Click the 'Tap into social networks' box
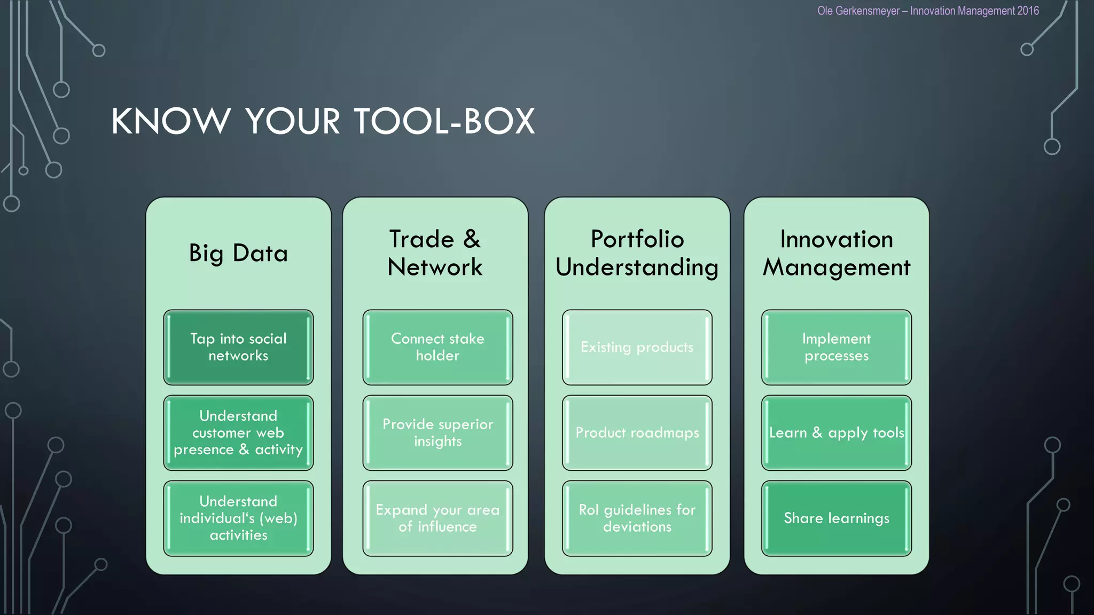pyautogui.click(x=238, y=347)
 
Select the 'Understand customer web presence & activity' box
pyautogui.click(x=238, y=432)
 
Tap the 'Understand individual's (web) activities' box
pyautogui.click(x=238, y=518)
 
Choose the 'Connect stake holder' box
pyautogui.click(x=437, y=347)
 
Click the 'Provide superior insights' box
pyautogui.click(x=437, y=432)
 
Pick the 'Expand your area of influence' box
pyautogui.click(x=437, y=518)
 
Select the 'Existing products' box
pyautogui.click(x=637, y=347)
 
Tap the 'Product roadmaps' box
pyautogui.click(x=637, y=432)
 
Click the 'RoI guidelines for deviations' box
pyautogui.click(x=637, y=518)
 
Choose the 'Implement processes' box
pyautogui.click(x=836, y=347)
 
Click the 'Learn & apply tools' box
pyautogui.click(x=836, y=432)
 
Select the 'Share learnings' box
pyautogui.click(x=836, y=518)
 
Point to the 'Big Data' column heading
pyautogui.click(x=238, y=253)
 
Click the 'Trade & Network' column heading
pyautogui.click(x=435, y=253)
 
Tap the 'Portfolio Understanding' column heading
pyautogui.click(x=637, y=253)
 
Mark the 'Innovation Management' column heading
pyautogui.click(x=836, y=253)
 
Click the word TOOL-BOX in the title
pyautogui.click(x=444, y=121)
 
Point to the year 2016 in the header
pyautogui.click(x=1028, y=11)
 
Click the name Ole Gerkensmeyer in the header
pyautogui.click(x=858, y=11)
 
